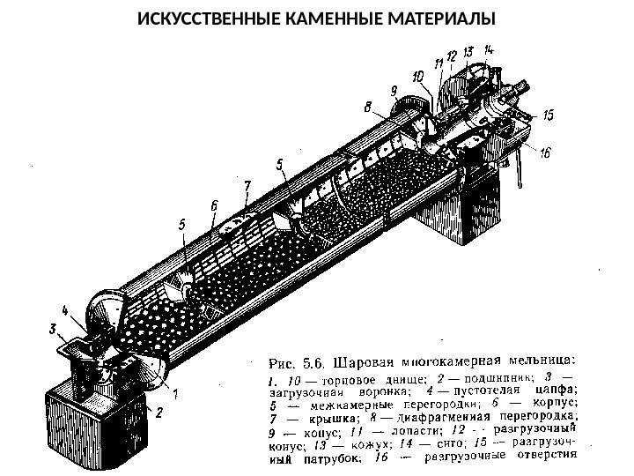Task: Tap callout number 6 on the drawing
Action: tap(214, 205)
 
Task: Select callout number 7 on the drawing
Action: tap(247, 187)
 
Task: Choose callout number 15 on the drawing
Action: tap(549, 115)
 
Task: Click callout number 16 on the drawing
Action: tap(545, 152)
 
